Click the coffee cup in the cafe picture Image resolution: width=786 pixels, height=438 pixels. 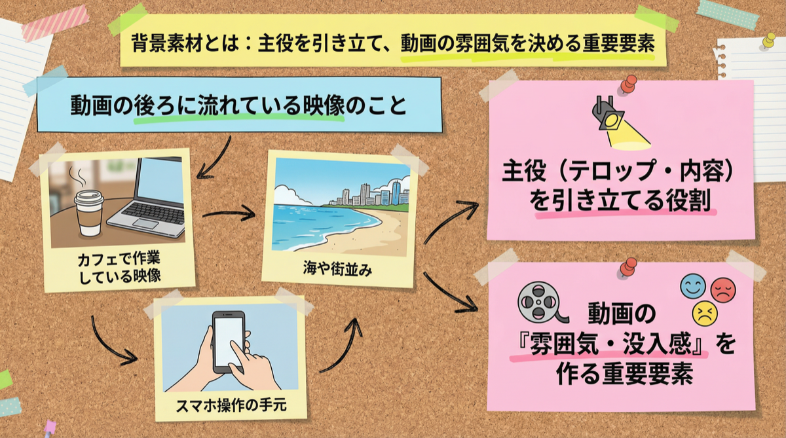(x=89, y=213)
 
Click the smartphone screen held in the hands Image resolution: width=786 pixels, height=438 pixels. (x=229, y=342)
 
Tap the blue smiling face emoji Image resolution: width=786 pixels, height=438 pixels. (x=693, y=287)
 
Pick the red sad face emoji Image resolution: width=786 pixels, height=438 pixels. (x=723, y=290)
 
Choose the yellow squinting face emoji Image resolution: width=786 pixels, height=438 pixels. (x=705, y=313)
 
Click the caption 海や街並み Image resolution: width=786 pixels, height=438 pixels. (x=337, y=269)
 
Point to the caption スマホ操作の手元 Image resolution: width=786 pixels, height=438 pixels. (x=231, y=405)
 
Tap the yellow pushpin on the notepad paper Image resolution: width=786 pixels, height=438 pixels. (x=769, y=41)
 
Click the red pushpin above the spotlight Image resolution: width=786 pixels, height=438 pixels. (x=628, y=84)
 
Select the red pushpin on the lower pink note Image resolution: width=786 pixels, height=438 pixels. (x=628, y=267)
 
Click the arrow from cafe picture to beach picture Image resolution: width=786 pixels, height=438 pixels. (x=229, y=213)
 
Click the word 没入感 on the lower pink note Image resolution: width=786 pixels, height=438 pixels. (x=657, y=344)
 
